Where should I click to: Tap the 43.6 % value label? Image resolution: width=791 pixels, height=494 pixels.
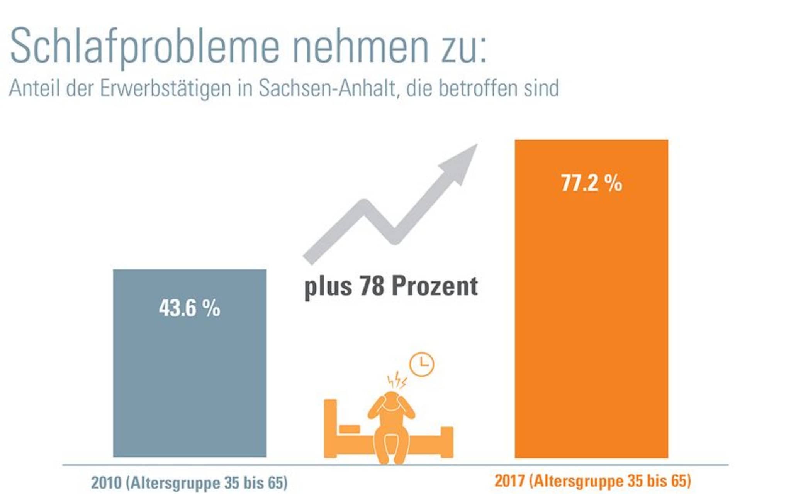tap(190, 308)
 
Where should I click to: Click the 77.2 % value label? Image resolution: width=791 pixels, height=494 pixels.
tap(591, 183)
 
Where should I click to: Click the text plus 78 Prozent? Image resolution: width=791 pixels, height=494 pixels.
tap(391, 286)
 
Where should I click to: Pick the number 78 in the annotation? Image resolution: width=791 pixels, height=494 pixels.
tap(372, 286)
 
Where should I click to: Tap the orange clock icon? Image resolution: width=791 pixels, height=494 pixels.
tap(422, 364)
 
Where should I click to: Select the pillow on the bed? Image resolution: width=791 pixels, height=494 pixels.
tap(349, 429)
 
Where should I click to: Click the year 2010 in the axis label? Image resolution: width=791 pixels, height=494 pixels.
tap(106, 483)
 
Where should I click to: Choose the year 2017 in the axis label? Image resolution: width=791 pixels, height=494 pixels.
tap(509, 481)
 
